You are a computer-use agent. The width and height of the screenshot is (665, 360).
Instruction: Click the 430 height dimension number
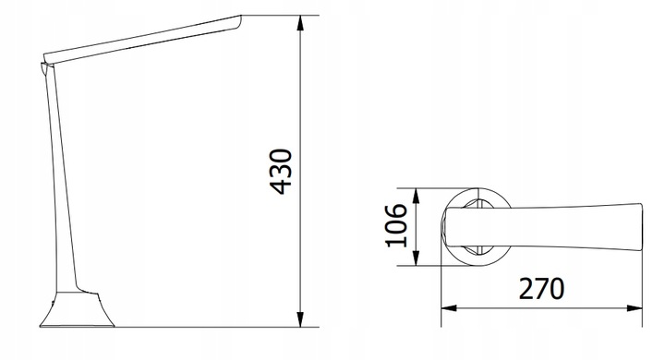coord(281,172)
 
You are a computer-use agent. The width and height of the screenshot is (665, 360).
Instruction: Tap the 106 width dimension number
coord(396,225)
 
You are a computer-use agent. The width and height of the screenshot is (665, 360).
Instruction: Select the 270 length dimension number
coord(541,289)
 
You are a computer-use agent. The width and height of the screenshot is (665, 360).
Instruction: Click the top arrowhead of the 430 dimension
coord(300,23)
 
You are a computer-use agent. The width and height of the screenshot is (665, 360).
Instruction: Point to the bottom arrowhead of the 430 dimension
coord(300,319)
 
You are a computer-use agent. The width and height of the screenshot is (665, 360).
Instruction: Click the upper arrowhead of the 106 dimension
coord(416,196)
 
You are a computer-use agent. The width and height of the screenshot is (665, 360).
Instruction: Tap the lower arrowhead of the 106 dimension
coord(416,258)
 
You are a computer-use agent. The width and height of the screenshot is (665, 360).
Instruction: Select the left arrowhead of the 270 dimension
coord(449,307)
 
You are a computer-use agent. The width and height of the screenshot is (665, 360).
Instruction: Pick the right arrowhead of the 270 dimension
coord(635,307)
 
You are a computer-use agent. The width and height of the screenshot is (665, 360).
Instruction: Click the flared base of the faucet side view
coord(78,309)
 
